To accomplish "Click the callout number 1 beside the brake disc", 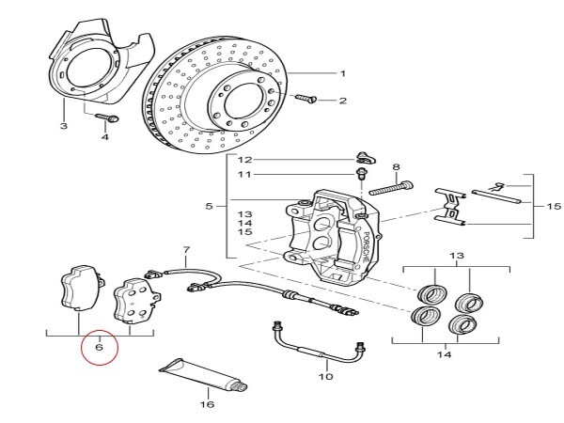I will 344,73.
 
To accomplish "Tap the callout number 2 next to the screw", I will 344,101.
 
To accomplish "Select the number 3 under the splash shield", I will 63,125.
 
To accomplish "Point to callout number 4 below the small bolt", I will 105,137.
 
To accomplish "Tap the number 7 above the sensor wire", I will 186,251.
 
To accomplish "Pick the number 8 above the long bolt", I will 396,165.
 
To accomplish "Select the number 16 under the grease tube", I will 207,404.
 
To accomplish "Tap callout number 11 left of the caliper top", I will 244,175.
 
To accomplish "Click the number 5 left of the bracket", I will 210,205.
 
